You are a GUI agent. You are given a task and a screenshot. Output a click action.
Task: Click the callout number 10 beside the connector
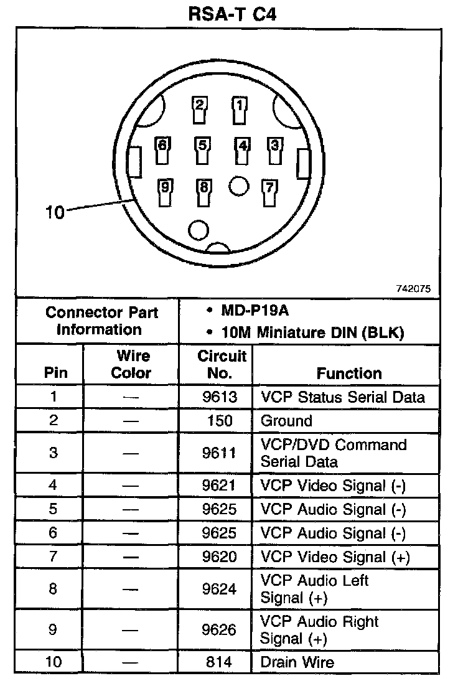tap(55, 212)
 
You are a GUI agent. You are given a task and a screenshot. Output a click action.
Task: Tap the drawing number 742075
tap(413, 289)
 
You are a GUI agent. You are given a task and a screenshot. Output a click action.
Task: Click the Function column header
tap(349, 373)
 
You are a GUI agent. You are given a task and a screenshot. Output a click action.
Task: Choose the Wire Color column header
tap(131, 365)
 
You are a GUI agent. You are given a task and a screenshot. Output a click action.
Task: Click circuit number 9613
tap(219, 397)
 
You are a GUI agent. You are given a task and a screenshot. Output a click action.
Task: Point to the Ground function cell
tap(286, 421)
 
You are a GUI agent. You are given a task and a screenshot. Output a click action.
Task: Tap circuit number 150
tap(219, 421)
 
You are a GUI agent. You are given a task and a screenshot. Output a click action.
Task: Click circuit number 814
tap(219, 662)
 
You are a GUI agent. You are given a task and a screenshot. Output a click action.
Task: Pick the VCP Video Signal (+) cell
tap(335, 557)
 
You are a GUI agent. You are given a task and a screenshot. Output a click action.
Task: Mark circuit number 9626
tap(219, 630)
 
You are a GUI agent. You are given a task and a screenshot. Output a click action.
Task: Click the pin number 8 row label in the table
tap(53, 589)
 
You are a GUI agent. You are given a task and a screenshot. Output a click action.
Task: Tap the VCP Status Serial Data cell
tap(343, 397)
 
